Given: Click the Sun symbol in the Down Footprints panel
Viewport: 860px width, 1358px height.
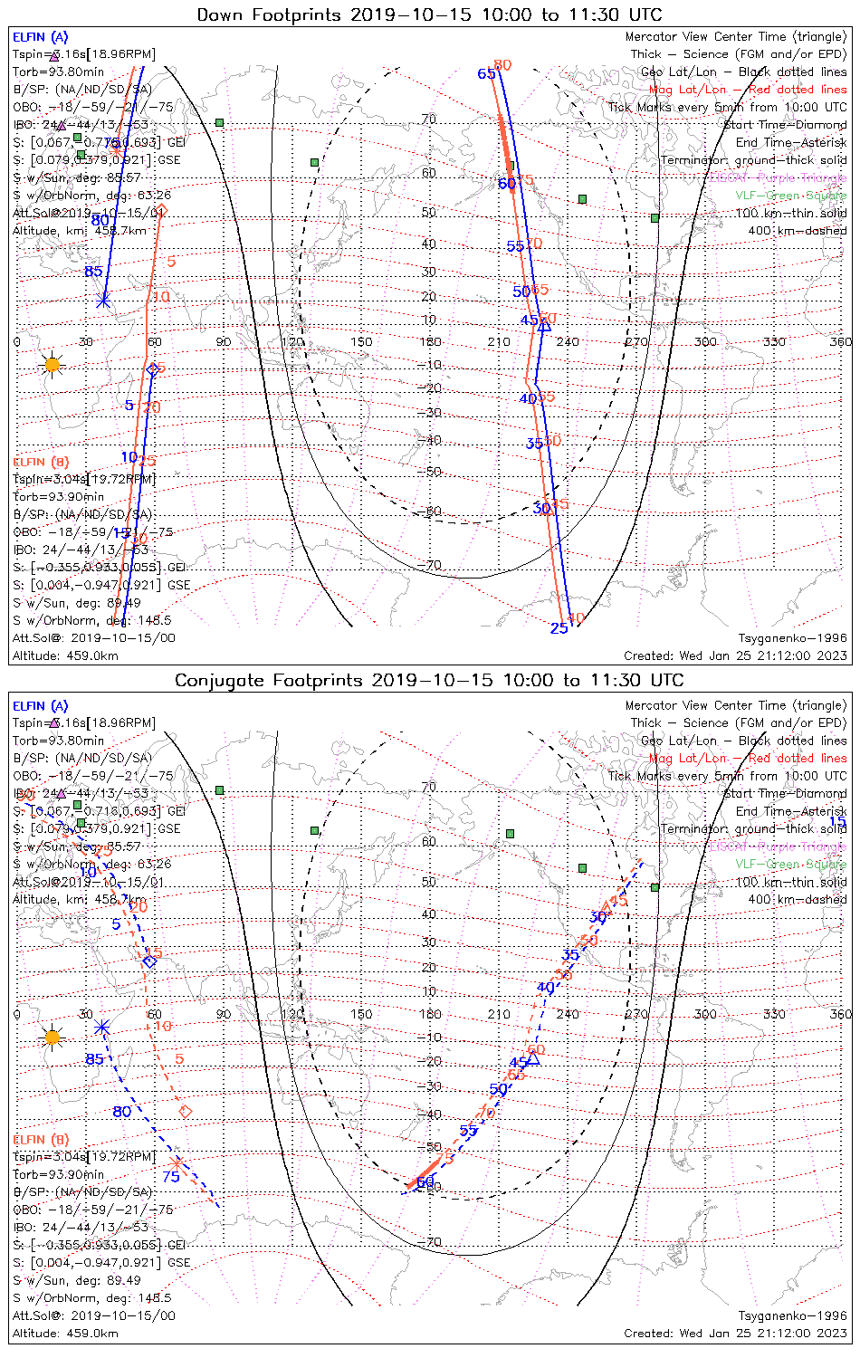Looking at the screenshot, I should (52, 365).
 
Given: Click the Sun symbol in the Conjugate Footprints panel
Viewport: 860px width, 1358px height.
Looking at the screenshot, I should (52, 1037).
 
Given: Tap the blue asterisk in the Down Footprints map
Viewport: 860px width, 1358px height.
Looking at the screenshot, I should (103, 301).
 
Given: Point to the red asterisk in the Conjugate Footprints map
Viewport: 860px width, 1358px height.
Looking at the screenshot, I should (176, 1162).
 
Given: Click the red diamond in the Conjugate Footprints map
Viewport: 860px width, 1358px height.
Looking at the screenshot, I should (186, 1111).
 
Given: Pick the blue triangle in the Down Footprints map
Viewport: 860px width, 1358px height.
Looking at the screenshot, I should (544, 326).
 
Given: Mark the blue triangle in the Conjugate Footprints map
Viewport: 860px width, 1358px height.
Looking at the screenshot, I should (533, 1058).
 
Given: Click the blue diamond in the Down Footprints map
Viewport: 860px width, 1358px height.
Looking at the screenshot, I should (153, 368).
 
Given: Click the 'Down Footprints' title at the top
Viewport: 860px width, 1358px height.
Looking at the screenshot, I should (429, 14).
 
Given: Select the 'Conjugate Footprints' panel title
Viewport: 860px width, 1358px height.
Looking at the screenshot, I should (429, 680).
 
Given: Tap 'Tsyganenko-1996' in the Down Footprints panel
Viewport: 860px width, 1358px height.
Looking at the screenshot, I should (792, 638).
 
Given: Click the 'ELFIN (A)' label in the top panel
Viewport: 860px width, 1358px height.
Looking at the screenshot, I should (40, 37).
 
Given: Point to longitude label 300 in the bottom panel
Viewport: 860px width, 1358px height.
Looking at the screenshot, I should (705, 1014).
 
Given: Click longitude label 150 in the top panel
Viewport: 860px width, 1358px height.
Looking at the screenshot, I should (361, 342).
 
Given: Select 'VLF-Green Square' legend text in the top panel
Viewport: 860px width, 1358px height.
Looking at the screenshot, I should (790, 196).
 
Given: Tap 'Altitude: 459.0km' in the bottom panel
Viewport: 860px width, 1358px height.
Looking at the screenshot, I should (65, 1333).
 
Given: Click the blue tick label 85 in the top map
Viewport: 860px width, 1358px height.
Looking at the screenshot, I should (93, 272).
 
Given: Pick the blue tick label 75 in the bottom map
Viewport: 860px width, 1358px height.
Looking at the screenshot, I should (171, 1177).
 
